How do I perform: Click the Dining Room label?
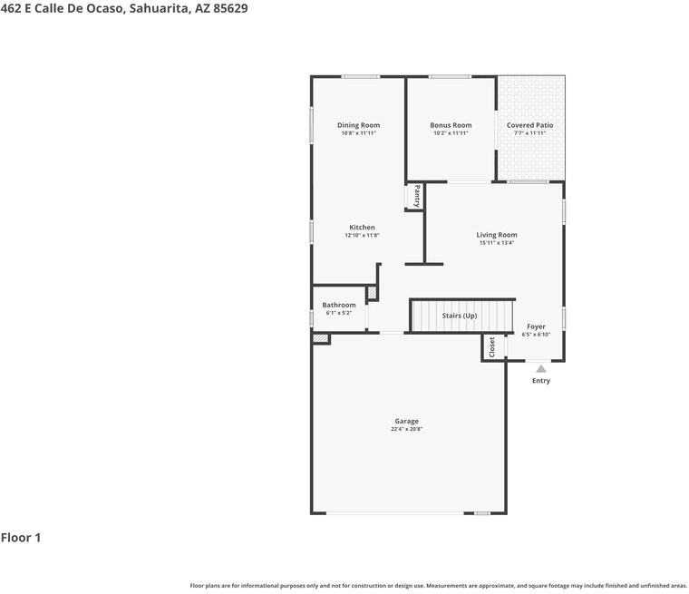click(x=358, y=125)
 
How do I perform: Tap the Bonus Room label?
click(x=451, y=125)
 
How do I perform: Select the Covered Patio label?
click(x=529, y=125)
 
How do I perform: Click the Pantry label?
click(x=417, y=197)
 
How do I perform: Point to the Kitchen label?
click(x=362, y=228)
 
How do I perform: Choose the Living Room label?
click(x=497, y=235)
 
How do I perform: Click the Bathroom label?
click(x=339, y=306)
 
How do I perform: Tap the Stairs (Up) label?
click(x=459, y=316)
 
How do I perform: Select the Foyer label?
click(x=536, y=326)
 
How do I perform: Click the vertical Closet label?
click(x=492, y=347)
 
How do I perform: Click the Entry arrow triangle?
click(x=540, y=368)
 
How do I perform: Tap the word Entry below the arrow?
click(x=540, y=381)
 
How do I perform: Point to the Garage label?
click(x=406, y=421)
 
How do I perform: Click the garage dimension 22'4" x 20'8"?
click(x=406, y=429)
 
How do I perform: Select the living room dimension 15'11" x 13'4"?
click(x=497, y=243)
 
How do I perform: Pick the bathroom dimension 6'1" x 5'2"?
click(x=339, y=314)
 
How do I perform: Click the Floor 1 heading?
click(x=21, y=538)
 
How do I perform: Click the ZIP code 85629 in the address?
click(x=229, y=8)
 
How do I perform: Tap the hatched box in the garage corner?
click(x=321, y=338)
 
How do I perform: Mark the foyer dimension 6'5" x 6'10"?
click(x=536, y=335)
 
